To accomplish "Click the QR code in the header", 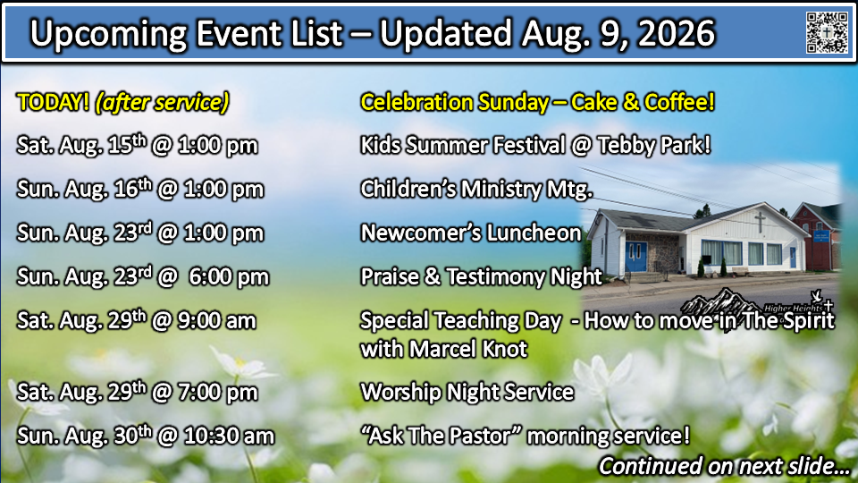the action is click(x=827, y=32).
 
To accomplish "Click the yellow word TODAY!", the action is click(x=53, y=102).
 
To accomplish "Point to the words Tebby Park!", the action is click(x=654, y=145).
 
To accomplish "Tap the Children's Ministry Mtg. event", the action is click(x=476, y=189).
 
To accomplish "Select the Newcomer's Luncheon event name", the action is click(x=471, y=233).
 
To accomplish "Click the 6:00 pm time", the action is click(x=229, y=276).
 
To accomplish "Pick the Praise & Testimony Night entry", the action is click(x=481, y=276).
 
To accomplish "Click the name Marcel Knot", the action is click(x=467, y=349).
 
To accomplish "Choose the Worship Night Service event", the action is click(x=467, y=392).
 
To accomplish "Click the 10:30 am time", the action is click(x=229, y=436).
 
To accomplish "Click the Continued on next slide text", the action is click(x=724, y=466).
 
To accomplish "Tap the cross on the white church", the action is click(x=760, y=222).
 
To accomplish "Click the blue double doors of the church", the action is click(x=635, y=257).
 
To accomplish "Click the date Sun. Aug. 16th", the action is click(x=84, y=189).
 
